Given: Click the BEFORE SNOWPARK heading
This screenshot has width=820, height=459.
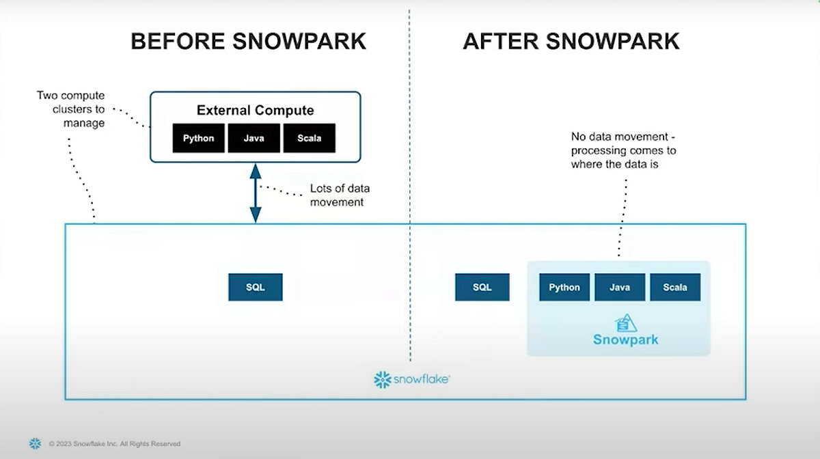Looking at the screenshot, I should tap(248, 41).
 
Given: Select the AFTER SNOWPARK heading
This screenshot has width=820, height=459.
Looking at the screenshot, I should tap(571, 41).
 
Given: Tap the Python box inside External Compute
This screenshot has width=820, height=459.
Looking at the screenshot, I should tap(198, 138).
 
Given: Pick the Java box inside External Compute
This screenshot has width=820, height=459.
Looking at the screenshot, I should tap(254, 138).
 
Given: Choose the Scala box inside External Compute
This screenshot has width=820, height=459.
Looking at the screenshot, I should tap(309, 138).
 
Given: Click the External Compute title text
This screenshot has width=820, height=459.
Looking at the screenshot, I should tap(255, 110).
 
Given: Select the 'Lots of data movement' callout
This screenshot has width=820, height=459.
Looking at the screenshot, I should tap(340, 195).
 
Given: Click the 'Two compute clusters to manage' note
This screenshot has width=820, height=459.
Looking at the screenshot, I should tap(71, 109).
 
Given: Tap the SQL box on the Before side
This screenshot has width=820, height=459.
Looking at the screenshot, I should tap(255, 287).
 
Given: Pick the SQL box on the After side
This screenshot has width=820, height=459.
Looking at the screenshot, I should tap(482, 287).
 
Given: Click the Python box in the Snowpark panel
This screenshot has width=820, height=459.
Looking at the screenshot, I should tap(564, 287).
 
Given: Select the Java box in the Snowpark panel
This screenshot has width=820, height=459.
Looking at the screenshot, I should tap(620, 287).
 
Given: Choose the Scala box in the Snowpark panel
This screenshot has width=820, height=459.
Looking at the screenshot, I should tap(675, 287).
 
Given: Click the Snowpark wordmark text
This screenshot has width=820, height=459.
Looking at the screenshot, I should tap(625, 339).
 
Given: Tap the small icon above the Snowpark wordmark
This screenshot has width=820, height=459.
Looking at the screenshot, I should tap(627, 322).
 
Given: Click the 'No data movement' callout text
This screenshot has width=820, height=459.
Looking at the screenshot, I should tap(623, 150).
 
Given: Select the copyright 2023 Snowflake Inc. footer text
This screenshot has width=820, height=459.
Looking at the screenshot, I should tap(114, 444).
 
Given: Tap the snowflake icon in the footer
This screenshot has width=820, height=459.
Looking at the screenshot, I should tap(35, 444).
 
